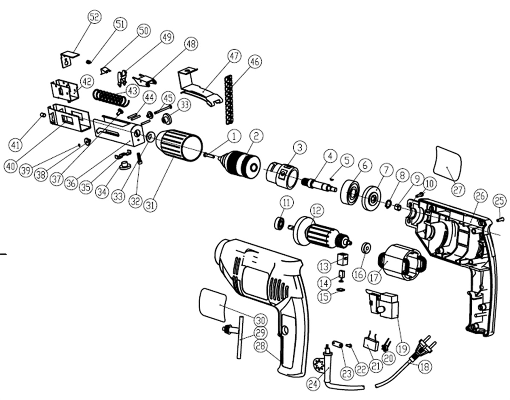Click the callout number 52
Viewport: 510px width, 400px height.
pyautogui.click(x=94, y=17)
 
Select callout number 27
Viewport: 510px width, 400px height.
pyautogui.click(x=458, y=190)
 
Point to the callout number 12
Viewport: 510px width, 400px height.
pyautogui.click(x=316, y=210)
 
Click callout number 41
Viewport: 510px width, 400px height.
pyautogui.click(x=16, y=145)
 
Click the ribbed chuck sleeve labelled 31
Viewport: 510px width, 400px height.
pyautogui.click(x=178, y=145)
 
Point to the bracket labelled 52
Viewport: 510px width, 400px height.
pyautogui.click(x=69, y=59)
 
